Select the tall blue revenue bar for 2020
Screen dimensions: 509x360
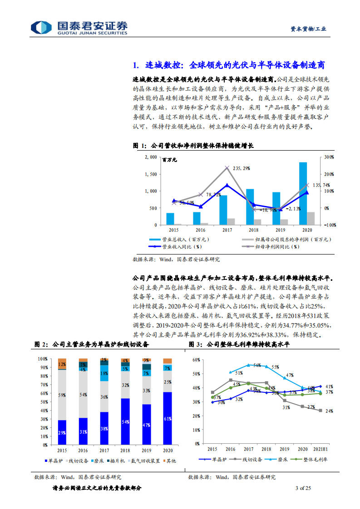[x=303, y=193]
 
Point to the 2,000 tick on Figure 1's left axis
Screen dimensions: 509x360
[x=151, y=157]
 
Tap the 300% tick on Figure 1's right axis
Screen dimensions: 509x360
[x=329, y=157]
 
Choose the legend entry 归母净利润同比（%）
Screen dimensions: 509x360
[x=277, y=247]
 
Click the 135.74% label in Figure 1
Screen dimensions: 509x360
[x=321, y=185]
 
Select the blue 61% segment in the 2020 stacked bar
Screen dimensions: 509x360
[x=168, y=418]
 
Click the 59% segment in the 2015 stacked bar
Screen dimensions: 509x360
[x=62, y=395]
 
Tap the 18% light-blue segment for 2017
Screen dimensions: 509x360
[x=104, y=373]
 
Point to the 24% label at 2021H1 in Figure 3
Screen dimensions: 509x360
[x=329, y=411]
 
